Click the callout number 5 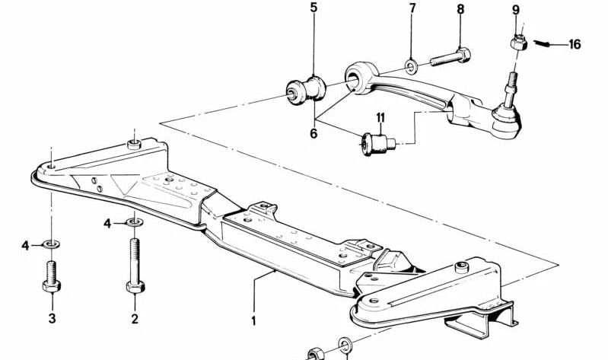click(x=314, y=8)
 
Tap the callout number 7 click(x=412, y=8)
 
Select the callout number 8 click(x=460, y=9)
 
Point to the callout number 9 click(x=516, y=10)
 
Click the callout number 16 click(x=575, y=44)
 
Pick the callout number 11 click(x=380, y=117)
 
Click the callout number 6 click(x=314, y=133)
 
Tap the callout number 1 click(x=253, y=321)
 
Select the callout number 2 click(x=135, y=319)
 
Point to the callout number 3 click(x=52, y=318)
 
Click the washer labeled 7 click(x=411, y=66)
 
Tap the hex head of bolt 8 click(x=463, y=55)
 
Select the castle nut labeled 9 click(x=519, y=43)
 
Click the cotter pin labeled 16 click(x=542, y=43)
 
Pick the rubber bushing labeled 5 click(x=306, y=90)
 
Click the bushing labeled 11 click(x=378, y=144)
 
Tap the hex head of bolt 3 click(x=52, y=286)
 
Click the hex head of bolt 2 click(x=135, y=287)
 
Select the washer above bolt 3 click(x=51, y=244)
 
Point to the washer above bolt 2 click(x=135, y=222)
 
